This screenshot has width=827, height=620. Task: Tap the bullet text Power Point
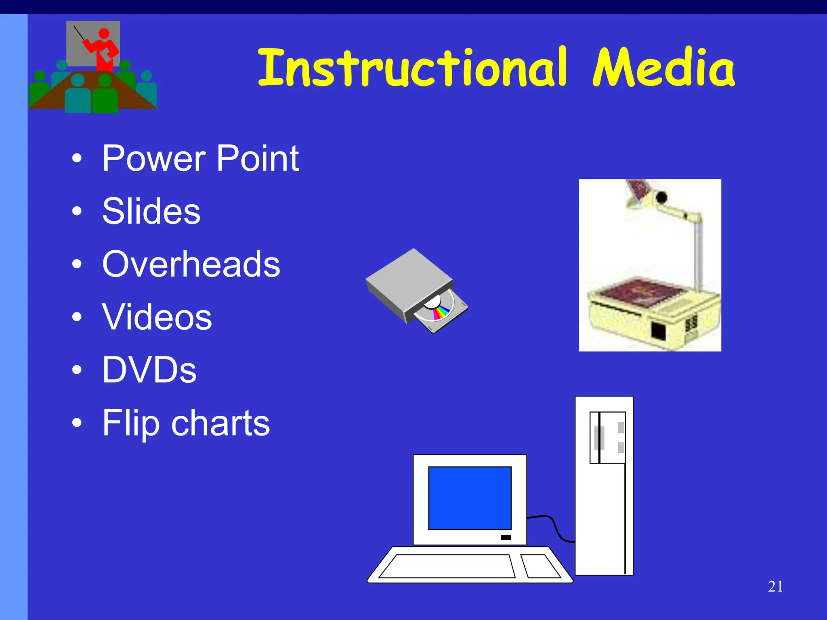click(200, 159)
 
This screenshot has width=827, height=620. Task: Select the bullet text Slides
click(151, 212)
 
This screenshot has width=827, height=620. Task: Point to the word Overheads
click(191, 264)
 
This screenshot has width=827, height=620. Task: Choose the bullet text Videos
click(157, 318)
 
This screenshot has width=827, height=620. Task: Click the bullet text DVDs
click(149, 370)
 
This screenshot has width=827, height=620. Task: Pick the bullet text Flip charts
click(186, 423)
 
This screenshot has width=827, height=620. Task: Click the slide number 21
click(775, 586)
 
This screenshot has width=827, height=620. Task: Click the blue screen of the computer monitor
click(470, 498)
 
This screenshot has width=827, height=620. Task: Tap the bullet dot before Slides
click(77, 211)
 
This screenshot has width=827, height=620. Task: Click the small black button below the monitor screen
click(506, 538)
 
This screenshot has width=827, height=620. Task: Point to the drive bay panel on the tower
click(607, 438)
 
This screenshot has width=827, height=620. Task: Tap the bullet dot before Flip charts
click(77, 423)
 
